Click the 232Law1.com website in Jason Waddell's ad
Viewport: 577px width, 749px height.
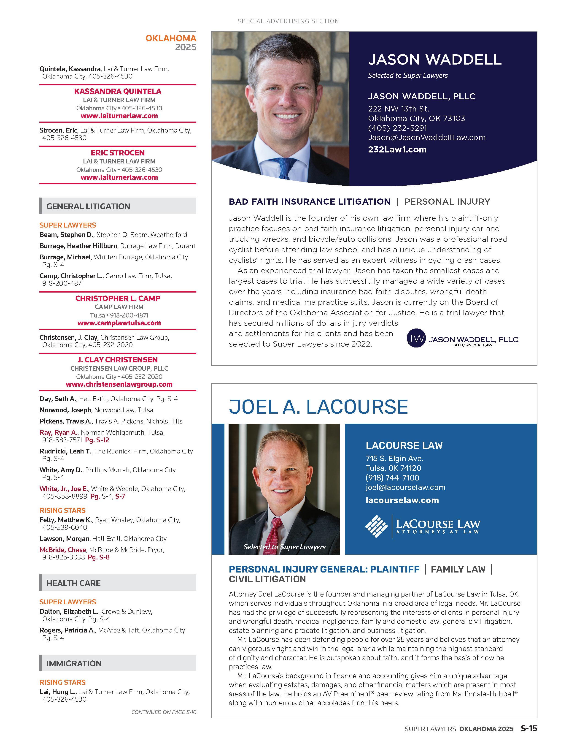coord(397,149)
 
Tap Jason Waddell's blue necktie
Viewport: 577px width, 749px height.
coord(284,168)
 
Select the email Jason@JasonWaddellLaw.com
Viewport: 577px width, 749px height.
coord(426,138)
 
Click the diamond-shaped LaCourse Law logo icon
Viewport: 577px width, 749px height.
coord(376,526)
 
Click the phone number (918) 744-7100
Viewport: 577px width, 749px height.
coord(392,478)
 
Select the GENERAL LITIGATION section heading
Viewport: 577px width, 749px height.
coord(88,206)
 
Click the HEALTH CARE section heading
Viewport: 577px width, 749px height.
coord(73,583)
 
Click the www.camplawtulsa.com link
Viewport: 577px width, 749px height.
coord(119,323)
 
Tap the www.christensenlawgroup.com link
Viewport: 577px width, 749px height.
coord(119,384)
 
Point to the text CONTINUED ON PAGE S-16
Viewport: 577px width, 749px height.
coord(164,712)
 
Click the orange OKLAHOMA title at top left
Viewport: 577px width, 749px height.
coord(171,38)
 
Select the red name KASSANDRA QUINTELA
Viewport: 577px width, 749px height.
coord(118,91)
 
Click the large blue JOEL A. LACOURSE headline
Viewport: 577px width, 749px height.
coord(318,407)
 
